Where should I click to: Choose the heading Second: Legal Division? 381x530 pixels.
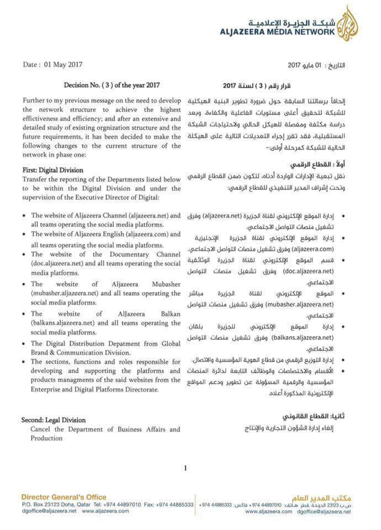tap(54, 420)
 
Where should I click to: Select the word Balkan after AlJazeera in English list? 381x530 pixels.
tap(169, 313)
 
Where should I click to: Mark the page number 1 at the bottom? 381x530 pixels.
tap(186, 468)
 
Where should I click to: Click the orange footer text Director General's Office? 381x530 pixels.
tap(64, 497)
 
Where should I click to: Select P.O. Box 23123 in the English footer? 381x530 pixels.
tap(42, 505)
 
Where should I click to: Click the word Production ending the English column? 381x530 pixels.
tap(47, 438)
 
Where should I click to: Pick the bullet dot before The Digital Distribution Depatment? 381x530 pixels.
tap(24, 343)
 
